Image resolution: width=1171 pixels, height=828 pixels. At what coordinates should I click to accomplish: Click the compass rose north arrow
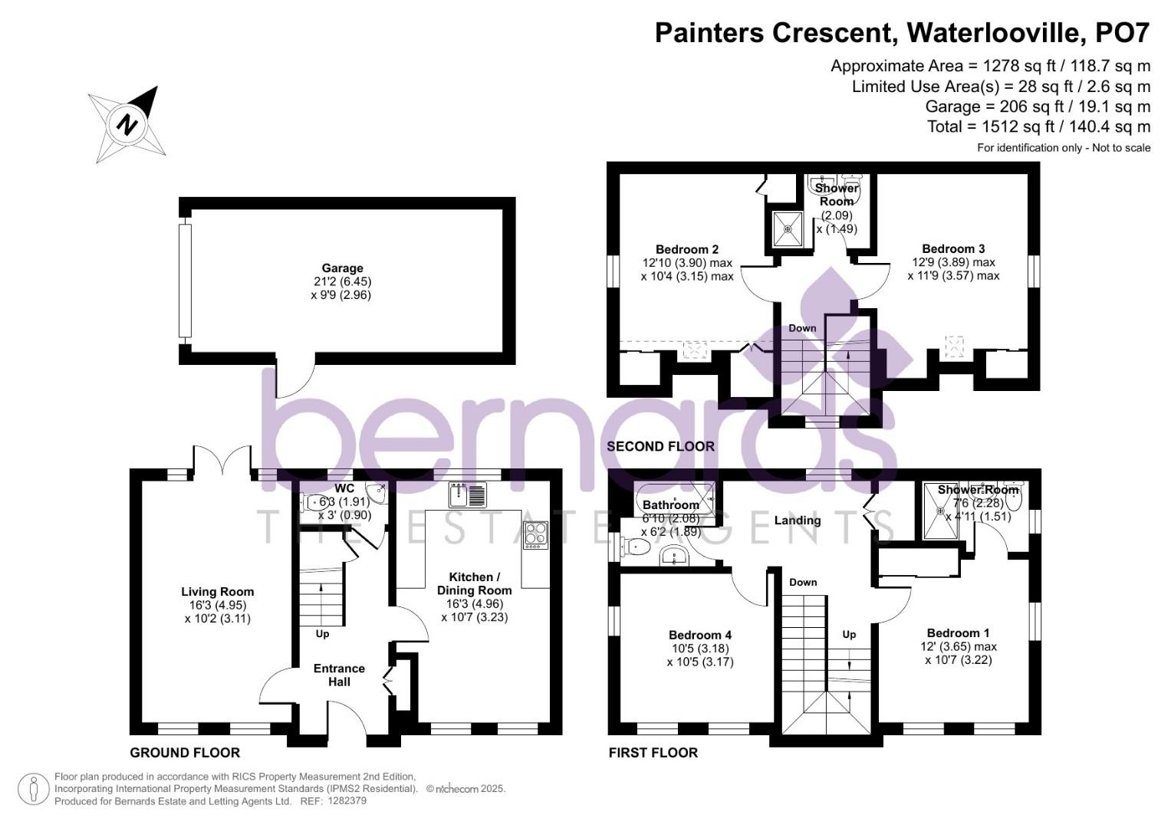pyautogui.click(x=127, y=123)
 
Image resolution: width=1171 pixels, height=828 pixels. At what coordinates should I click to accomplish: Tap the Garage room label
pyautogui.click(x=342, y=268)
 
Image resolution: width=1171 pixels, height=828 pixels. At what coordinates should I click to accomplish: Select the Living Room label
pyautogui.click(x=217, y=592)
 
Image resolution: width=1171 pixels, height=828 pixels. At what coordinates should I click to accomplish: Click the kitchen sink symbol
pyautogui.click(x=467, y=495)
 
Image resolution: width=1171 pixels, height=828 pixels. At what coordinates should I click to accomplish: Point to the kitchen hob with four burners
pyautogui.click(x=536, y=534)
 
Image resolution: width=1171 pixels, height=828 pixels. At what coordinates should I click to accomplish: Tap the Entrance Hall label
pyautogui.click(x=339, y=675)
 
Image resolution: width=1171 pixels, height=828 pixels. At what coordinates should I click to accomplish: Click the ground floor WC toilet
pyautogui.click(x=316, y=503)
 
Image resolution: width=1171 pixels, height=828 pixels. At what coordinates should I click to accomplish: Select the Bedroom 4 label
pyautogui.click(x=699, y=635)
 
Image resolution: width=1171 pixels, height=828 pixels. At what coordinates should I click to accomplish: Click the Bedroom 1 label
pyautogui.click(x=958, y=632)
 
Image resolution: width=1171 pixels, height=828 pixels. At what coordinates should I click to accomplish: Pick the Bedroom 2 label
pyautogui.click(x=686, y=249)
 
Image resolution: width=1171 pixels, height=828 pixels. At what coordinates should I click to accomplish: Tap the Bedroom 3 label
pyautogui.click(x=953, y=248)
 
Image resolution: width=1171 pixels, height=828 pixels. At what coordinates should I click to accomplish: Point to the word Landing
pyautogui.click(x=797, y=521)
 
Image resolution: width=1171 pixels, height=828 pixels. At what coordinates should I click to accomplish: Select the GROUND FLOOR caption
pyautogui.click(x=185, y=753)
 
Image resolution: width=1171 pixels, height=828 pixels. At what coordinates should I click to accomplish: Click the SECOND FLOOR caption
pyautogui.click(x=660, y=446)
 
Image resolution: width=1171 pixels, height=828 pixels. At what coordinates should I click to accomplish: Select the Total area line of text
pyautogui.click(x=1038, y=127)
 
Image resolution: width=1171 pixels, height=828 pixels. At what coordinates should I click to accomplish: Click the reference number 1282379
pyautogui.click(x=347, y=801)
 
